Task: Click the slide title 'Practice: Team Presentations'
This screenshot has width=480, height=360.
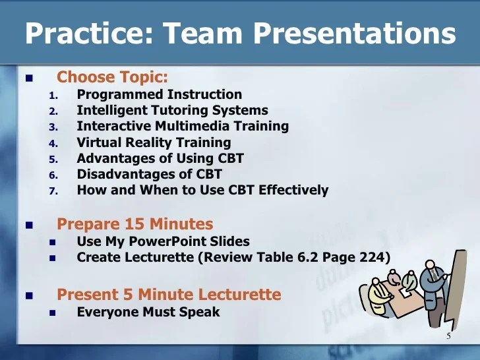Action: click(x=240, y=33)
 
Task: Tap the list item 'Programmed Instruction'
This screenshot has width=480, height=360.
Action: click(x=159, y=94)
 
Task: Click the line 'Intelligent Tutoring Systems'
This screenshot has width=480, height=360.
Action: click(x=172, y=110)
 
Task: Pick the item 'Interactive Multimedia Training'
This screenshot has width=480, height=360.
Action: click(x=183, y=126)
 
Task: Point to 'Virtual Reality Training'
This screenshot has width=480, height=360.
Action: click(x=154, y=142)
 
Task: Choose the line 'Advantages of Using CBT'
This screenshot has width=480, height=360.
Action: click(x=160, y=158)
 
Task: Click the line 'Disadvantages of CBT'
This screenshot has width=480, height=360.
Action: click(x=149, y=174)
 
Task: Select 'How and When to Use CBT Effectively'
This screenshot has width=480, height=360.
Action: click(x=202, y=191)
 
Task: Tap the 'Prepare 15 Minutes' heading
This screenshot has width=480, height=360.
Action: click(x=135, y=224)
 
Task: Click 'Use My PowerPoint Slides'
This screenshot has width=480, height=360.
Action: click(x=163, y=241)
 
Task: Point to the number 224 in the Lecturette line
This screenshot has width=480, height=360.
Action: click(x=371, y=258)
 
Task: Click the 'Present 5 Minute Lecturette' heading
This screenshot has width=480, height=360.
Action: click(x=169, y=294)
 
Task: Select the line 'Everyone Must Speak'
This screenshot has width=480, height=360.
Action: click(x=148, y=312)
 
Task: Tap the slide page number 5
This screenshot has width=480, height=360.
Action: click(x=448, y=337)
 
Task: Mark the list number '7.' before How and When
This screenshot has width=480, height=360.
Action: click(x=54, y=191)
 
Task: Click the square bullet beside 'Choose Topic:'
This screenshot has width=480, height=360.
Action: click(x=28, y=78)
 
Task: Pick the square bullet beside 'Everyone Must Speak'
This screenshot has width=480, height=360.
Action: click(x=54, y=313)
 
